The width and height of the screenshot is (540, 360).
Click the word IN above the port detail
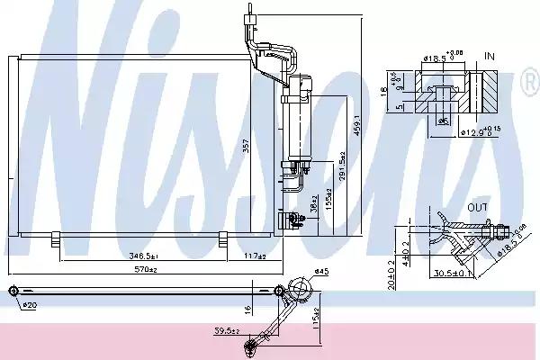(x=490, y=56)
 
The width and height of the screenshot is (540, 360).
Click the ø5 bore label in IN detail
(x=442, y=121)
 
